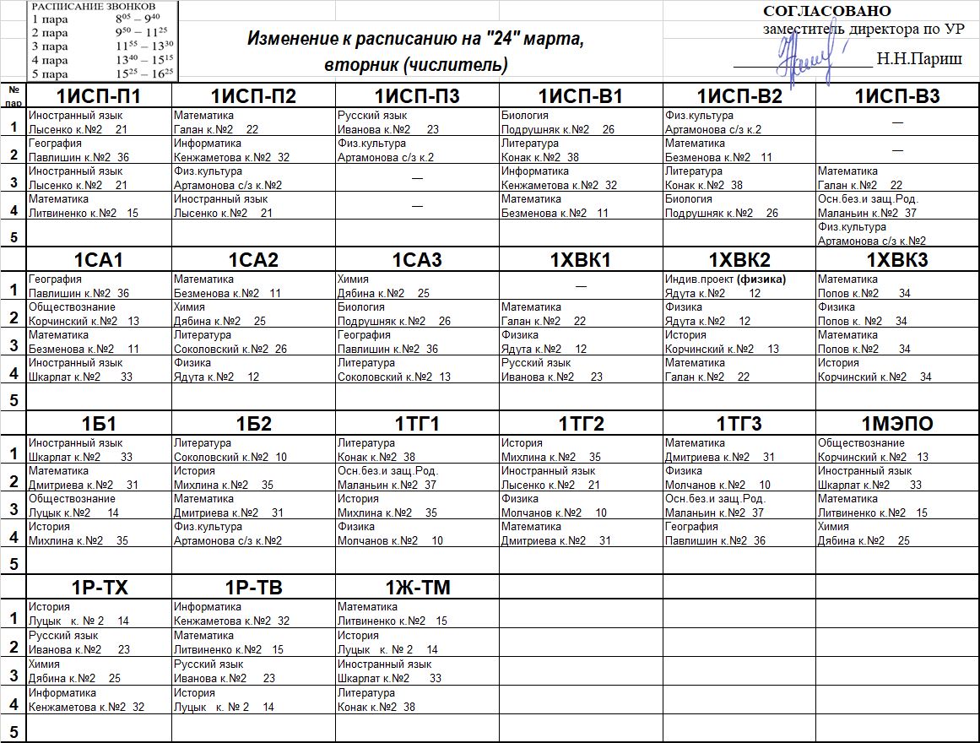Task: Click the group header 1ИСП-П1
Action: (x=99, y=95)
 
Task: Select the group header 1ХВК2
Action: (x=739, y=260)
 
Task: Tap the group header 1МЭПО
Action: (x=897, y=424)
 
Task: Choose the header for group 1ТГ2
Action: (x=581, y=424)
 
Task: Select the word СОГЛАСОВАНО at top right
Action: (x=826, y=11)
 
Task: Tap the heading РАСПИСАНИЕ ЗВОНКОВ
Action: (x=93, y=6)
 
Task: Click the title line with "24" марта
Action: (x=415, y=40)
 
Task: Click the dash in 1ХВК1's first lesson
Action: (x=581, y=286)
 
